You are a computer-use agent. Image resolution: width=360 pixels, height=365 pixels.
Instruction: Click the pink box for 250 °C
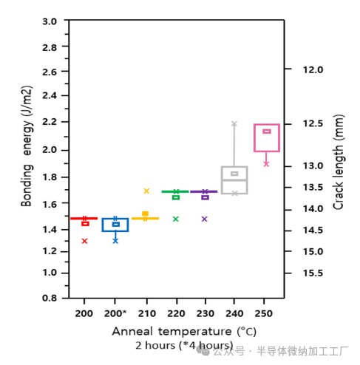(266, 138)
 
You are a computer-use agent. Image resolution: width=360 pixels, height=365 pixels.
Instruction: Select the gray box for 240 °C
(234, 180)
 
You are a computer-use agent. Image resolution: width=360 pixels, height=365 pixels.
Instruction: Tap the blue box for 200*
(115, 225)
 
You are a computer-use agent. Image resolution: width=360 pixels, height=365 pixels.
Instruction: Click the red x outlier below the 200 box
(85, 241)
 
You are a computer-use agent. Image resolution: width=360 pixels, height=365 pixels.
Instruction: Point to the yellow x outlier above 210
(146, 191)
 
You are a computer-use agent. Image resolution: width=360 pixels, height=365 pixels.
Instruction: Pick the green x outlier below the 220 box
(176, 219)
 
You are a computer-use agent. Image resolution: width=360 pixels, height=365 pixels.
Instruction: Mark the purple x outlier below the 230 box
(205, 219)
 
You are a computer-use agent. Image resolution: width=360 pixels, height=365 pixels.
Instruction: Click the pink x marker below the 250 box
(266, 163)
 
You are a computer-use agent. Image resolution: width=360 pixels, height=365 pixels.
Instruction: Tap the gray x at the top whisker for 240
(234, 124)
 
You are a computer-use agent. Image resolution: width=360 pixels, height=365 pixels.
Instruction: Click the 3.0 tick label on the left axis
(50, 21)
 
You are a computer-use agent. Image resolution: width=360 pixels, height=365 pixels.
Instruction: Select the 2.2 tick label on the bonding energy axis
(50, 122)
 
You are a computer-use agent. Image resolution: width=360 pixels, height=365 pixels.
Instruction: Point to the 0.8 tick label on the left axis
(50, 298)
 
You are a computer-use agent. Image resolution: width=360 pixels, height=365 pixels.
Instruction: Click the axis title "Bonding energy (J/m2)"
(27, 160)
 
